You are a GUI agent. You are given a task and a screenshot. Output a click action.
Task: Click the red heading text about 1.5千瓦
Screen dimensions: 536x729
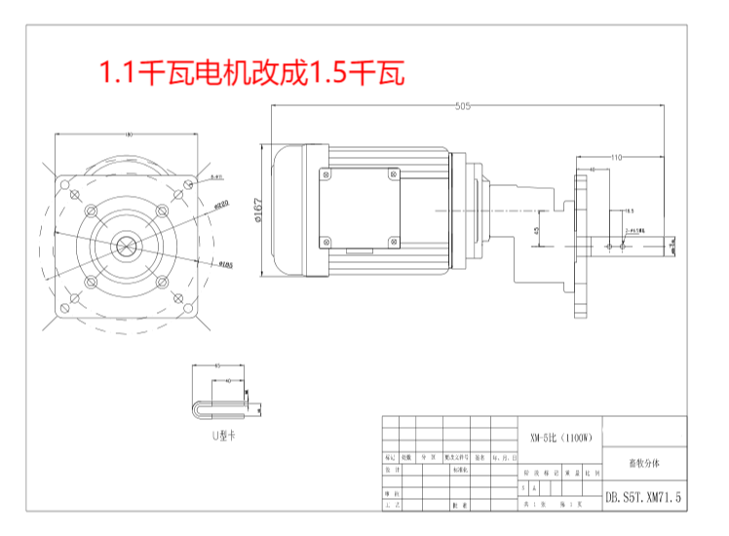coord(249,72)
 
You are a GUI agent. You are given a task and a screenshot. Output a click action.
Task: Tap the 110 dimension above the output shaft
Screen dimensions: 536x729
coord(617,156)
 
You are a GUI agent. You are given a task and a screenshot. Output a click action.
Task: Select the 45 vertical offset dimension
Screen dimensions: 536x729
coord(539,230)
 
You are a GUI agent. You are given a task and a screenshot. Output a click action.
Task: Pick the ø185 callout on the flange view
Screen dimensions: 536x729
coord(223,263)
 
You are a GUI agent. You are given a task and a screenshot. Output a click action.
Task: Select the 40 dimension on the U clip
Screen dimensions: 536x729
coord(227,382)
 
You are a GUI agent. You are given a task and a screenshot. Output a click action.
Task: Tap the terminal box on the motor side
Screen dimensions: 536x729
coord(359,209)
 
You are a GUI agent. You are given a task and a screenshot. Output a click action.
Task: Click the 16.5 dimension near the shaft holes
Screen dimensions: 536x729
coord(628,211)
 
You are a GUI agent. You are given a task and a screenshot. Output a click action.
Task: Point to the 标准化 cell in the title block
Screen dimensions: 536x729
coord(459,469)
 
